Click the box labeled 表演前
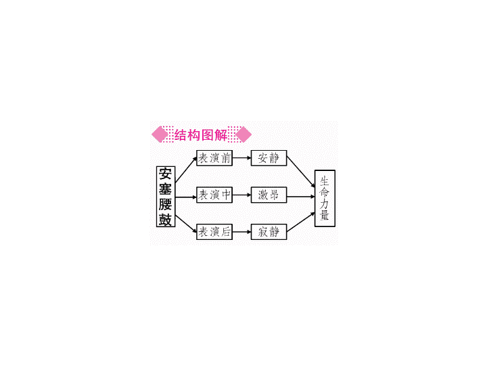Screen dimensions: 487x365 point(214,158)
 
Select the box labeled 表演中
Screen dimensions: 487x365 point(214,195)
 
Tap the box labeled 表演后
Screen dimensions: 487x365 point(214,232)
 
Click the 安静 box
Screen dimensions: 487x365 point(269,158)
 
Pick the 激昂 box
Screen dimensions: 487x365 point(269,195)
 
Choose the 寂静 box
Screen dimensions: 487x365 point(269,232)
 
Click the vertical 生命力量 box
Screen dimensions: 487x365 point(325,198)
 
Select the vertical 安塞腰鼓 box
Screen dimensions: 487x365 point(166,197)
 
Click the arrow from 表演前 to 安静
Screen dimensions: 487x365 point(241,158)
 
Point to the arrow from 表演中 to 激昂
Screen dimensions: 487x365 point(241,195)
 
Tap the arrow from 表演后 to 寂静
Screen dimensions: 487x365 point(241,232)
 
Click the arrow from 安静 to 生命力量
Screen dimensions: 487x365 point(300,172)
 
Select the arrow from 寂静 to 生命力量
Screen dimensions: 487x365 point(300,222)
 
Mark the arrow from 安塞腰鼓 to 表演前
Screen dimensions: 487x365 point(186,170)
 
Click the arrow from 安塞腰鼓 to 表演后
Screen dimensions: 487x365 point(186,224)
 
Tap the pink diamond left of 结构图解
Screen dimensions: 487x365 point(160,135)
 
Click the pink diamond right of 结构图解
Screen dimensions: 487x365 point(243,135)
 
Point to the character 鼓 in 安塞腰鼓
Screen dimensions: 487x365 point(165,219)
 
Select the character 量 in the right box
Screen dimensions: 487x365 point(324,215)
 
